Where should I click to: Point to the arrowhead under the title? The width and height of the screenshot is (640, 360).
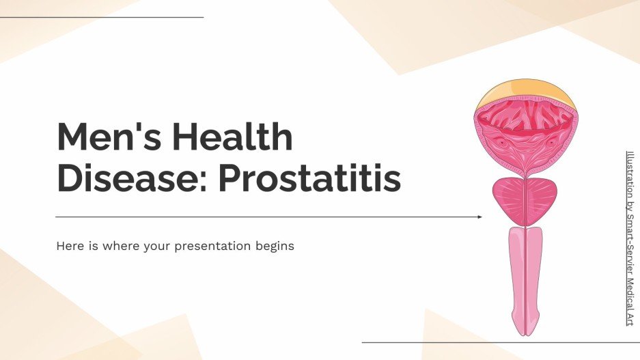pos(479,217)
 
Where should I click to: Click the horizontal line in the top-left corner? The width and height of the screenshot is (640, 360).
pos(102,17)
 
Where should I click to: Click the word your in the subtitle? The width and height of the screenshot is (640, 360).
pos(157,246)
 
